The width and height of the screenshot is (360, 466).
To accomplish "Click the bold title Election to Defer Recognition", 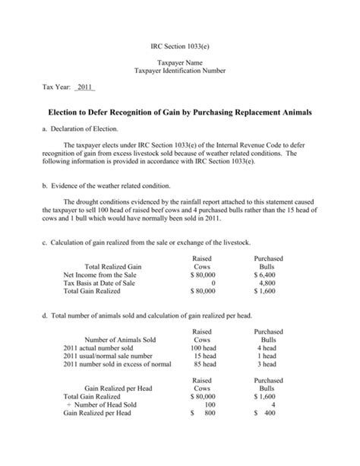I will [180, 112].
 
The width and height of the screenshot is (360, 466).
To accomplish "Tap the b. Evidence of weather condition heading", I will [106, 185].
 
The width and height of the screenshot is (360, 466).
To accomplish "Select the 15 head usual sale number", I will [203, 357].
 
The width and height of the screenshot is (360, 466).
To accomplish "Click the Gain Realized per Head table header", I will [118, 388].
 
